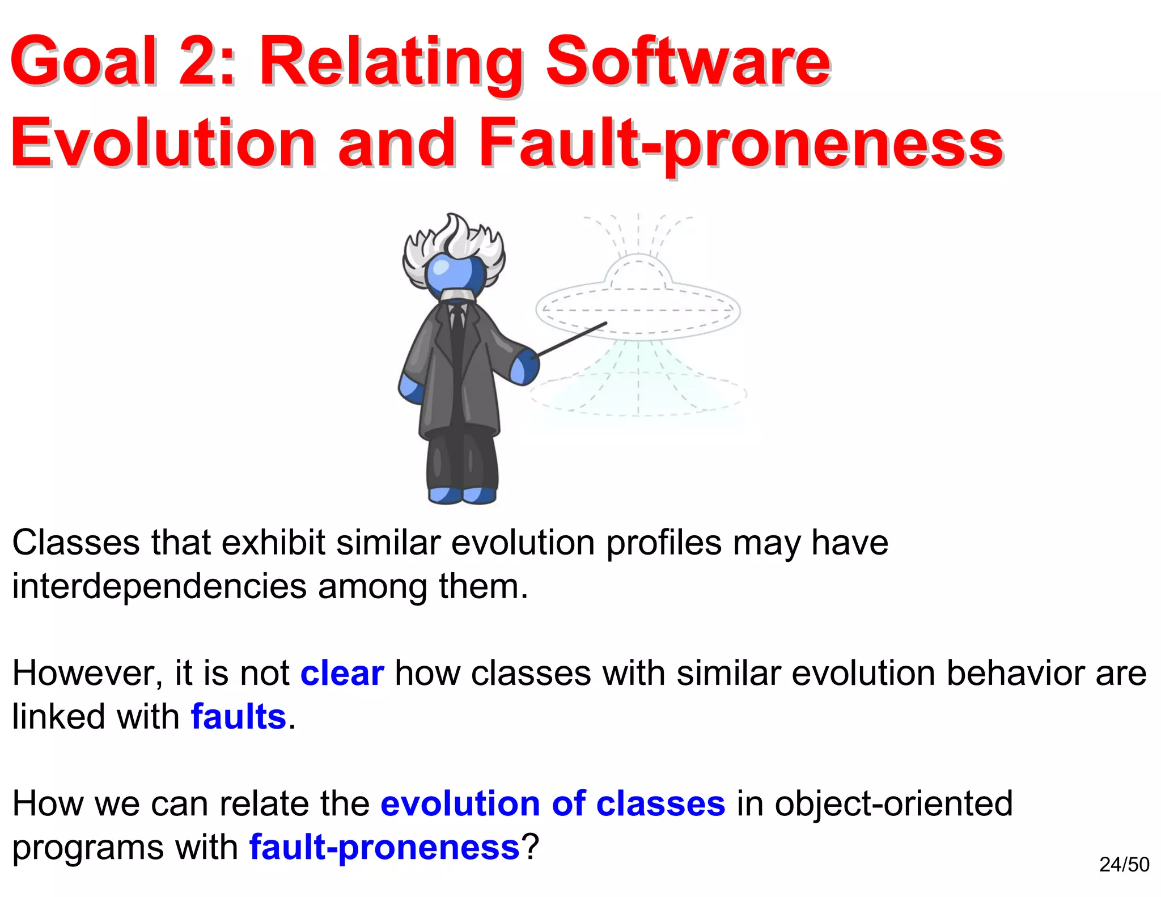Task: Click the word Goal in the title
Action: (x=83, y=61)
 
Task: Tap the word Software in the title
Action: (x=688, y=61)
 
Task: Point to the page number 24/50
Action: (x=1124, y=865)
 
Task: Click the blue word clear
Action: (x=342, y=674)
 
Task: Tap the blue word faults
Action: (x=238, y=717)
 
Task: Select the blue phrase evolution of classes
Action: (x=553, y=804)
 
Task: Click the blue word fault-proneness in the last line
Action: (x=384, y=848)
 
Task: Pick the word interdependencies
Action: (x=159, y=587)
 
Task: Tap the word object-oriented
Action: (x=893, y=804)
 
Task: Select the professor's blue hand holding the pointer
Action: (x=524, y=367)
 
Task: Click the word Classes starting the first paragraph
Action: (x=75, y=543)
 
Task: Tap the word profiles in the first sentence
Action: (x=664, y=543)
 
